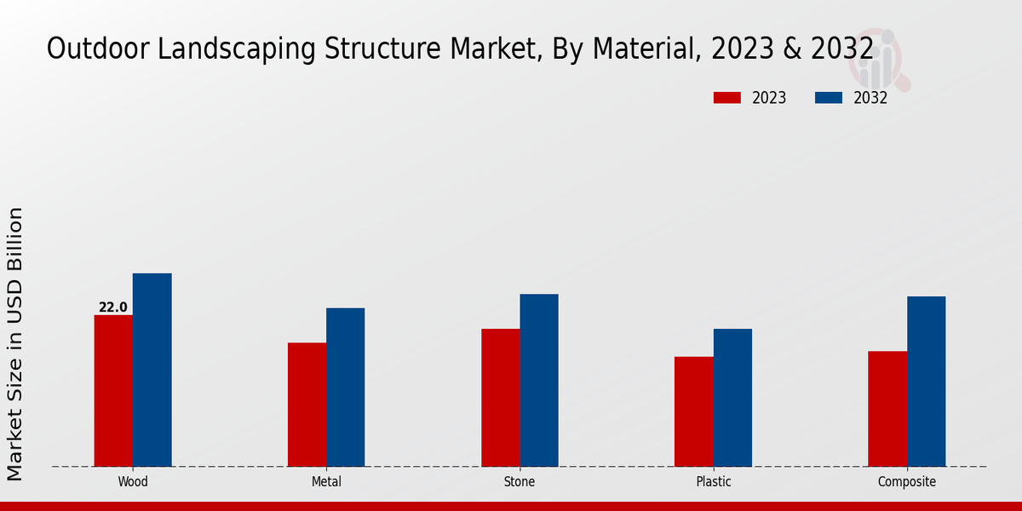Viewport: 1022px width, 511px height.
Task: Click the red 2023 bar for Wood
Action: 113,391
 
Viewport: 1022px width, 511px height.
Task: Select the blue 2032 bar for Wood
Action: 152,370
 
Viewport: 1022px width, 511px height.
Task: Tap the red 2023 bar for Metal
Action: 307,405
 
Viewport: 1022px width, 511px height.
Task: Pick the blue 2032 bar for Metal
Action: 346,388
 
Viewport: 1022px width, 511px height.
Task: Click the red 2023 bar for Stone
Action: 501,398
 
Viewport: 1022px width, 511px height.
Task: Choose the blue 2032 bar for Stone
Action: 539,380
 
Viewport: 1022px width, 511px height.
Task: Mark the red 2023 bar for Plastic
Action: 694,411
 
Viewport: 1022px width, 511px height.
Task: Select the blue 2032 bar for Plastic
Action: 732,398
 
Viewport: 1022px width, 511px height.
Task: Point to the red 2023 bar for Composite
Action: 887,409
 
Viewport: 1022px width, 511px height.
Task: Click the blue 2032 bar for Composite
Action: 927,382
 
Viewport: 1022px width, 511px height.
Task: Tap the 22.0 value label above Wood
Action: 113,307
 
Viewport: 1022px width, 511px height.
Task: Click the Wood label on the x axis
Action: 133,482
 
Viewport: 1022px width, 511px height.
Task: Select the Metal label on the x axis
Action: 326,482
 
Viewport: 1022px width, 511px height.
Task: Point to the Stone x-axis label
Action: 520,482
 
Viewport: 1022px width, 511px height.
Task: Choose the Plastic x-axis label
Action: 714,482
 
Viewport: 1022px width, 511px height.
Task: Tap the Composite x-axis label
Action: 907,482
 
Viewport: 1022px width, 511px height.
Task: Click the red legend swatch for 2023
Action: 726,98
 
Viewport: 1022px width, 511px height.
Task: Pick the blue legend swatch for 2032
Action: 828,98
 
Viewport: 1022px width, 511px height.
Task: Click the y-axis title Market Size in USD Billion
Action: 16,343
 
